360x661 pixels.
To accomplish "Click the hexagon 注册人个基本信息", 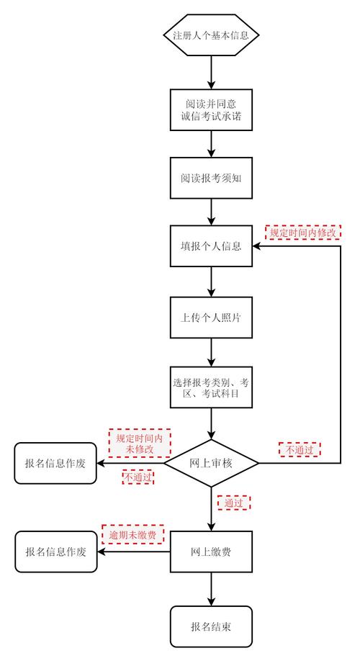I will click(211, 35).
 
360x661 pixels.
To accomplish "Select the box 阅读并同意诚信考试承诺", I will click(211, 109).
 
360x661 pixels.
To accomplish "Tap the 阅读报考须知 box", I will click(211, 177).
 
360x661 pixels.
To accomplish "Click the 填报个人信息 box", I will click(211, 246).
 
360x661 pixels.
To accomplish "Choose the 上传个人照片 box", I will click(211, 317).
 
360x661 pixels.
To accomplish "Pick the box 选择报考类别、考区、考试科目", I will click(211, 387).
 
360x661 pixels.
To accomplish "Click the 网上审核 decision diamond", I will click(211, 462).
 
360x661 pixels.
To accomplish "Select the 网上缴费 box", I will click(211, 552).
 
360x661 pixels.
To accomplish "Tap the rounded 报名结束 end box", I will click(211, 626).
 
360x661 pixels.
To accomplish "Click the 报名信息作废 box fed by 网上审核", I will click(55, 463).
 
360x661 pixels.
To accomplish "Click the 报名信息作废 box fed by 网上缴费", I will click(55, 552).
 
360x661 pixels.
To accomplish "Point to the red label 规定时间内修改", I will click(302, 233).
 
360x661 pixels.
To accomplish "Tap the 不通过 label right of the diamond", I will click(300, 450).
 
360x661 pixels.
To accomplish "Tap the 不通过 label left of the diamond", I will click(138, 477).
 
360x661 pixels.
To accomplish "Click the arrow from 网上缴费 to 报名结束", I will click(211, 589).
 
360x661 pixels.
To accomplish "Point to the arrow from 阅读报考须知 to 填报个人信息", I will click(211, 212).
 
